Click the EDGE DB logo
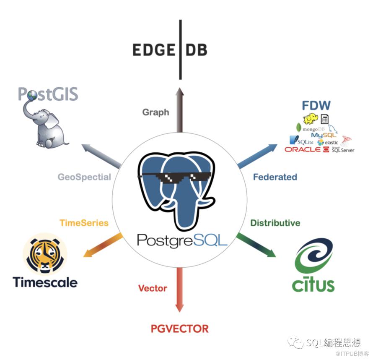coord(169,50)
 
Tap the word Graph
coord(155,112)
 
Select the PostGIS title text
coord(48,94)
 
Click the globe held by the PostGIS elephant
coord(32,96)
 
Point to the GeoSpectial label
coord(84,177)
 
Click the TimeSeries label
coord(84,223)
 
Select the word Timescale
coord(45,282)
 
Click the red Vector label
coord(153,288)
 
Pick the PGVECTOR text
coord(179,328)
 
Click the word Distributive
coord(275,223)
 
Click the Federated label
coord(275,177)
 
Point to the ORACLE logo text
coord(302,149)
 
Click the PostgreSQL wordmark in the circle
coord(181,240)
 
